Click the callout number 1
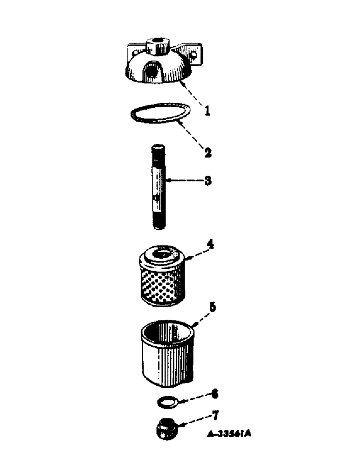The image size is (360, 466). coord(207,112)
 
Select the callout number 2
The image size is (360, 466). coord(207,152)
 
